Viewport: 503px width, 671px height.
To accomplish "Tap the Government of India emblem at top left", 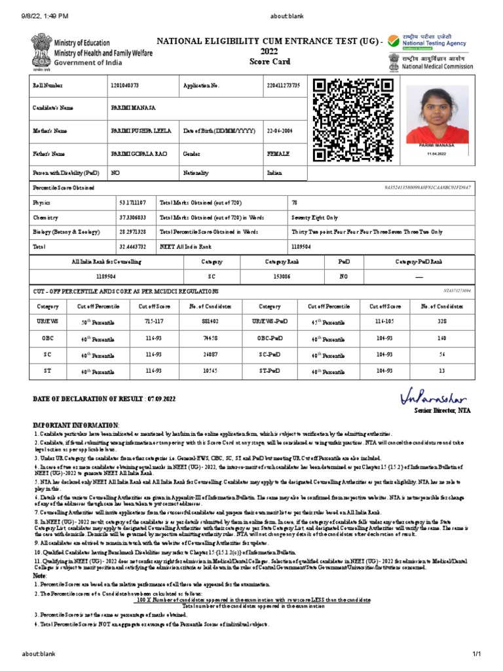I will pyautogui.click(x=37, y=50).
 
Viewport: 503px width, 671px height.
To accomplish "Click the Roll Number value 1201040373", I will pyautogui.click(x=124, y=86).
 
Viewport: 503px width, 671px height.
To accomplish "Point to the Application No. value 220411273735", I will pyautogui.click(x=284, y=86).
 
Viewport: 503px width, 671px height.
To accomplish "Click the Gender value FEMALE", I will pyautogui.click(x=278, y=153).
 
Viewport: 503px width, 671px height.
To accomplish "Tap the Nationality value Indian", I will pyautogui.click(x=274, y=173).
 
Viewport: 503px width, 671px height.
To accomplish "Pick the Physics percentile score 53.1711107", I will pyautogui.click(x=133, y=203).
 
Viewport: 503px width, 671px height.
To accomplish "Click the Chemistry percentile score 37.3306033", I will pyautogui.click(x=133, y=218).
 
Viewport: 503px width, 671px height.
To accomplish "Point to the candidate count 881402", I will pyautogui.click(x=211, y=322).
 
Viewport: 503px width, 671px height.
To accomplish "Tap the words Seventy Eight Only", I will pyautogui.click(x=314, y=218).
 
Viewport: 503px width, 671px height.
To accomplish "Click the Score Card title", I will pyautogui.click(x=269, y=62).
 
